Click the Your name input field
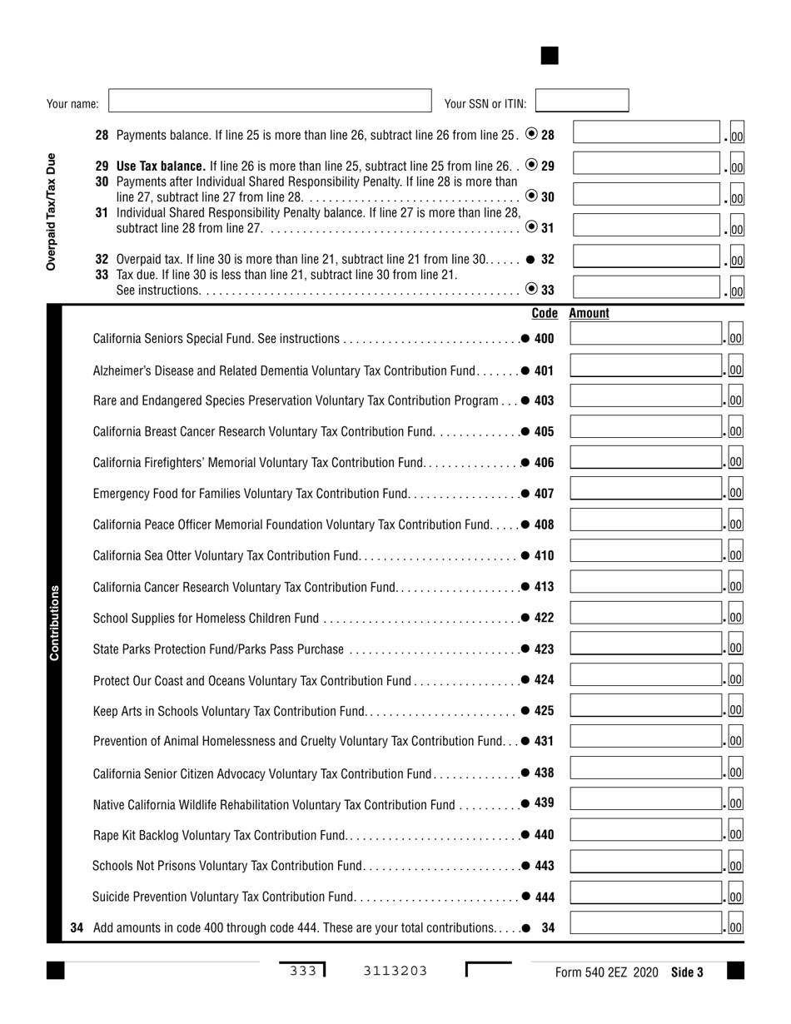(270, 102)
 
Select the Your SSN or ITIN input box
(581, 102)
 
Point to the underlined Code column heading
(544, 314)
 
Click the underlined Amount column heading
(589, 314)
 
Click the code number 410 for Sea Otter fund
(545, 555)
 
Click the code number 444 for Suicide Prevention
(545, 897)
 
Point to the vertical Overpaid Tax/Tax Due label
(52, 211)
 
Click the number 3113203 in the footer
(395, 971)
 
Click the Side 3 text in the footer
(687, 972)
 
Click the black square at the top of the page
(550, 56)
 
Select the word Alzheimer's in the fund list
(122, 370)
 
